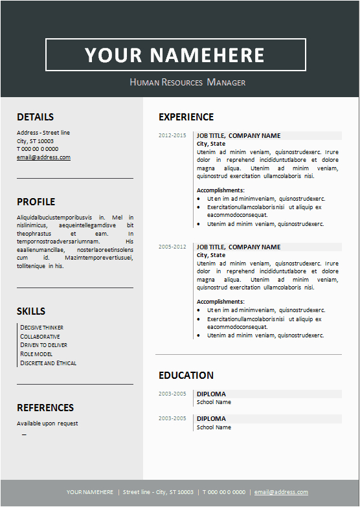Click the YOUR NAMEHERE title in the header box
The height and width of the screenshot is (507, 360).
175,55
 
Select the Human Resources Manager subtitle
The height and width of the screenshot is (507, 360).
188,82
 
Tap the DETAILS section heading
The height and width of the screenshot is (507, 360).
35,117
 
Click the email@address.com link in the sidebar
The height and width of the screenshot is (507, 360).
43,157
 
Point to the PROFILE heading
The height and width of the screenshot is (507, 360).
36,202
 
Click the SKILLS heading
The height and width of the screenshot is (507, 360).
31,311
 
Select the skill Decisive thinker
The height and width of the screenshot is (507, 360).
42,328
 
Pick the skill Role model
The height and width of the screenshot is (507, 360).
36,354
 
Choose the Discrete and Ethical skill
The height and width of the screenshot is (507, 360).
49,363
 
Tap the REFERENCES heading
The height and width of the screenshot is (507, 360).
45,408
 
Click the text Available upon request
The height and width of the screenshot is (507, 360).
47,423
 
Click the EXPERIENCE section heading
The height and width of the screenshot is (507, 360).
186,117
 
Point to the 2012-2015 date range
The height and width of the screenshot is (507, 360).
172,135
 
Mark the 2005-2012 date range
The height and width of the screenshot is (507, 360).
172,247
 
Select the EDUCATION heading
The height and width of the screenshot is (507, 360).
186,376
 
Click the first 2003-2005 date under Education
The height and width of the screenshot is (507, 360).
172,394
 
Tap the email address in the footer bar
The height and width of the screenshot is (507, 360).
281,492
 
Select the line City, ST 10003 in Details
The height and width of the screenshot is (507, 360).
35,141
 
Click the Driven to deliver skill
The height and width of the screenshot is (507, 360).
43,345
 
